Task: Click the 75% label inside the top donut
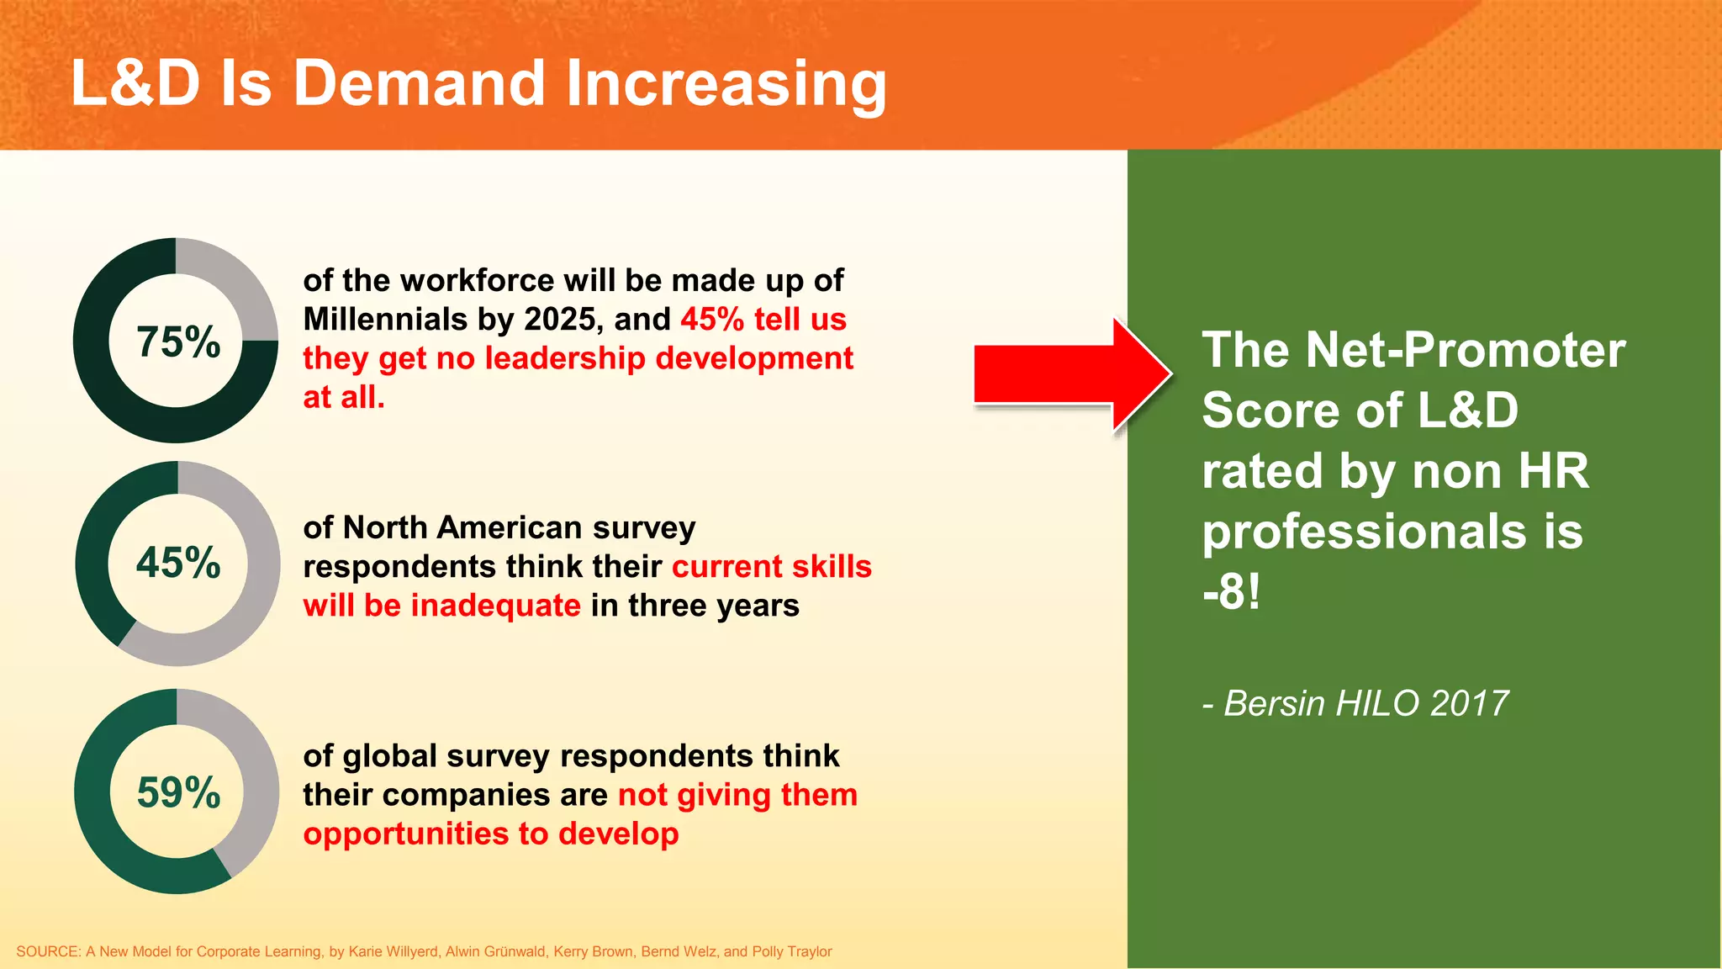[x=178, y=342]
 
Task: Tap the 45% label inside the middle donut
[x=178, y=563]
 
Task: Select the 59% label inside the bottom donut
[x=178, y=792]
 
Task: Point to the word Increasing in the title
[x=726, y=84]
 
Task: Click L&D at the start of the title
[x=135, y=84]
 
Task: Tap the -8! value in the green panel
[x=1231, y=592]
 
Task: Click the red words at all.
[x=344, y=397]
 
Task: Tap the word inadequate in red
[x=495, y=606]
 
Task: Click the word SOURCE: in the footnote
[x=48, y=951]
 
